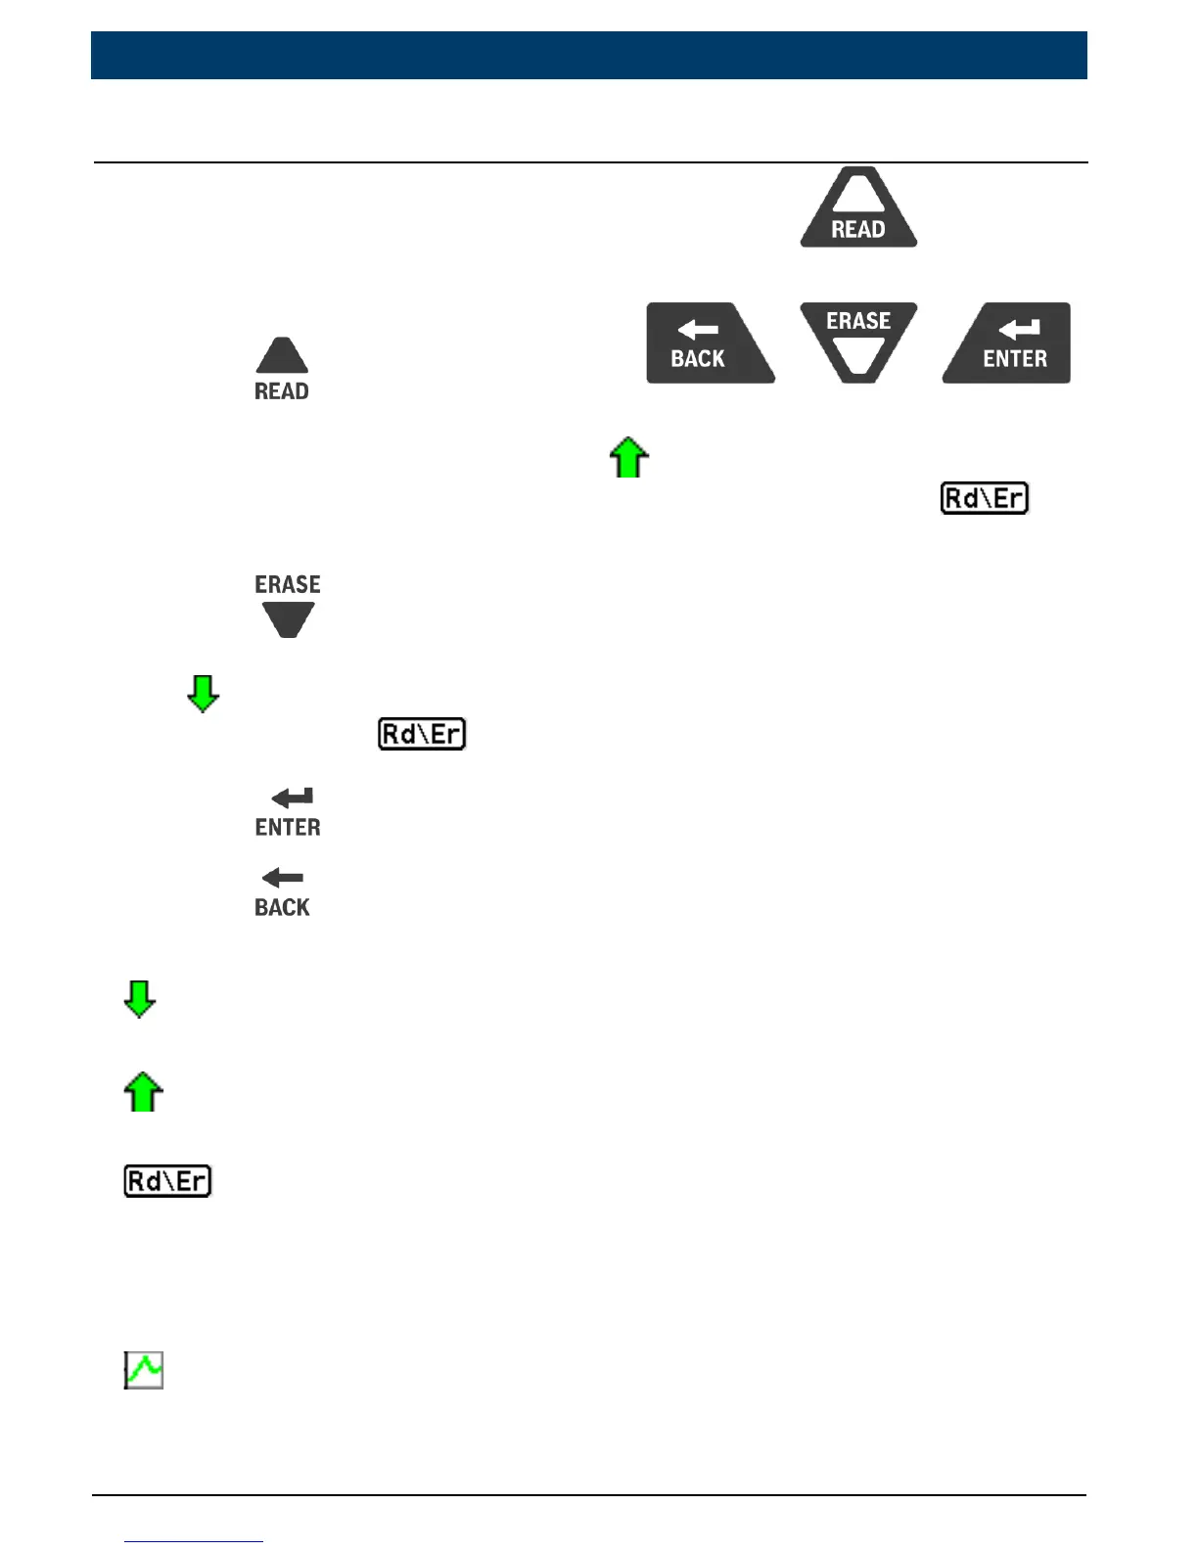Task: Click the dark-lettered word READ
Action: click(282, 391)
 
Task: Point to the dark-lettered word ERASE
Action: click(288, 584)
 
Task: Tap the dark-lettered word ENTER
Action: click(288, 828)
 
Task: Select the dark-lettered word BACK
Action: click(282, 907)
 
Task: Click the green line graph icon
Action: click(144, 1370)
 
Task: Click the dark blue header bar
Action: click(589, 55)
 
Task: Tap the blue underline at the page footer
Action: click(194, 1541)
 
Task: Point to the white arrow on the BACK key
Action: click(698, 330)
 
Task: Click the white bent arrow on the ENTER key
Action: click(1019, 330)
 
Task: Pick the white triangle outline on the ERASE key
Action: click(858, 355)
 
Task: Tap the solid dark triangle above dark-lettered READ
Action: click(282, 356)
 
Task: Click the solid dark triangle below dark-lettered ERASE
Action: click(288, 618)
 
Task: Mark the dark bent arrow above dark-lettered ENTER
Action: click(293, 798)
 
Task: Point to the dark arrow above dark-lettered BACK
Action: click(283, 878)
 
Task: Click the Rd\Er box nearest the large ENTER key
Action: click(985, 498)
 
